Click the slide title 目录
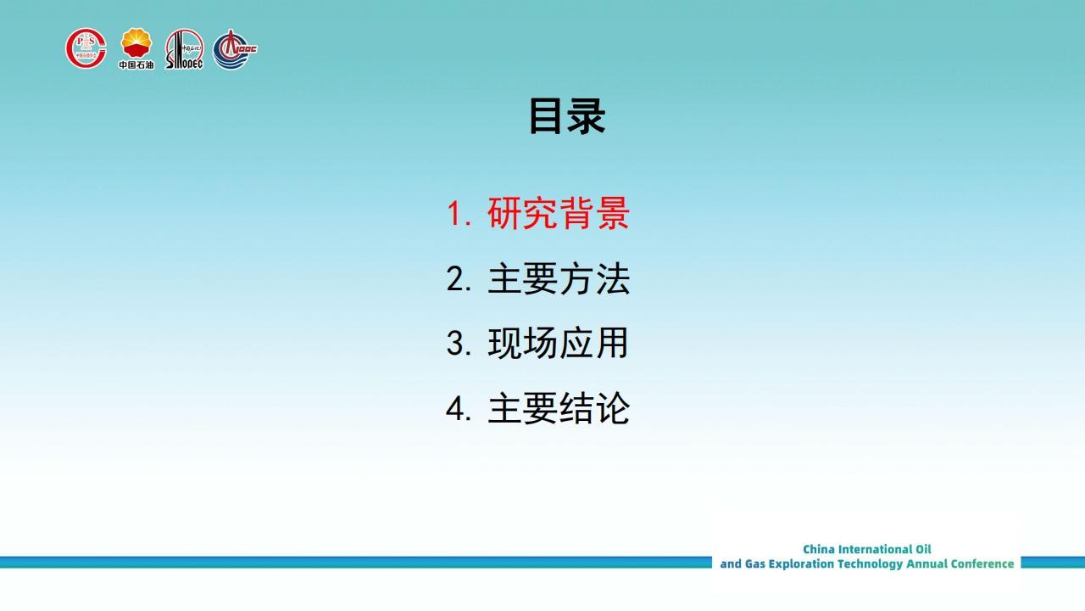[567, 116]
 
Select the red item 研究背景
[559, 213]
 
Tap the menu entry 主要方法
[559, 278]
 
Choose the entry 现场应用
[558, 343]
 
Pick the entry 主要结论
[559, 408]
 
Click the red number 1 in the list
[454, 213]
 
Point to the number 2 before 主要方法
[456, 279]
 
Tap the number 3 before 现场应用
[456, 344]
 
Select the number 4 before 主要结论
[456, 409]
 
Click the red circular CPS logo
[86, 48]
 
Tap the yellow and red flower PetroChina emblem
[136, 42]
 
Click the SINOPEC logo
[184, 49]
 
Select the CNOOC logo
[235, 49]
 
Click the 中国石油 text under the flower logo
[136, 64]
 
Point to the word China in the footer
[819, 549]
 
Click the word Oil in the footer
[923, 549]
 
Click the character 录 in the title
[587, 116]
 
